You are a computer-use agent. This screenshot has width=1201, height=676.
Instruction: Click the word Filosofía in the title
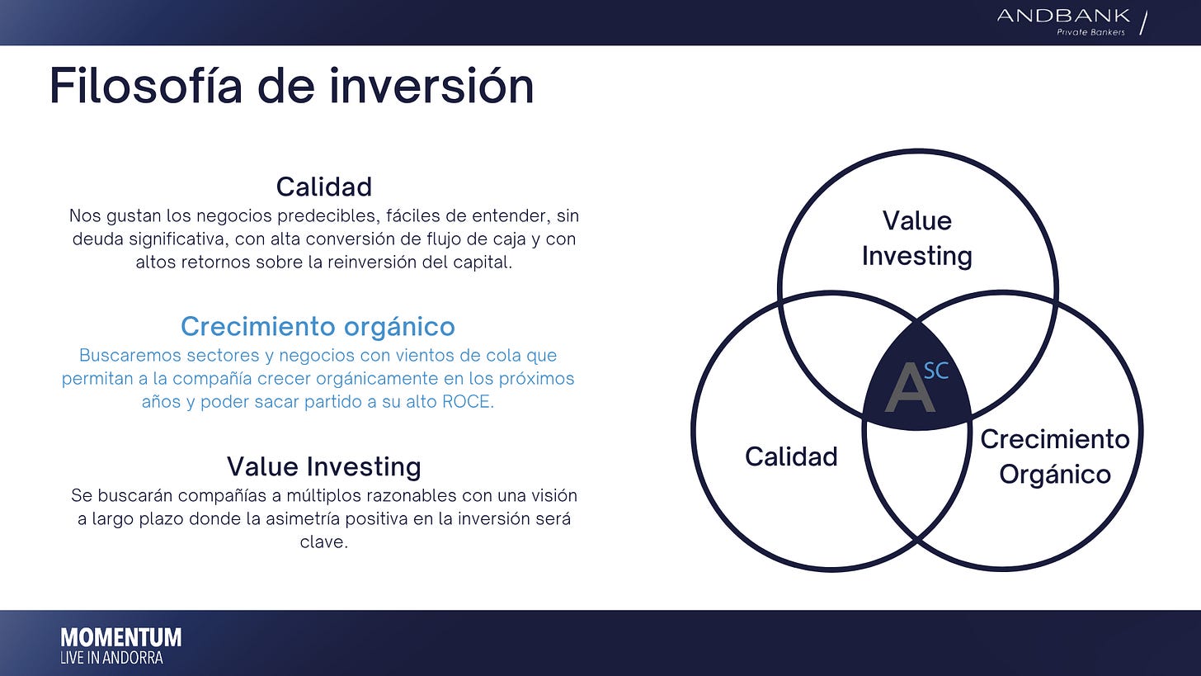pyautogui.click(x=146, y=86)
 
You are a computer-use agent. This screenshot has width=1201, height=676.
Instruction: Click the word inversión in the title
pyautogui.click(x=431, y=86)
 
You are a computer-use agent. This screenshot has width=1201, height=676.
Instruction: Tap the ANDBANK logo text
pyautogui.click(x=1064, y=16)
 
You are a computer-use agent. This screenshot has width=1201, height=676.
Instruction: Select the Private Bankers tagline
pyautogui.click(x=1090, y=32)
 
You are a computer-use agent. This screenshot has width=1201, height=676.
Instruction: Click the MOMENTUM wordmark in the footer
pyautogui.click(x=121, y=638)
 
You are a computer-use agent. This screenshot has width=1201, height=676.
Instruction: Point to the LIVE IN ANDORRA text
pyautogui.click(x=111, y=658)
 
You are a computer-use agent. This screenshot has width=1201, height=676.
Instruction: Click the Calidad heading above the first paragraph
pyautogui.click(x=324, y=187)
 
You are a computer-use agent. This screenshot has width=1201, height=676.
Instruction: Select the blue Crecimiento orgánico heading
pyautogui.click(x=318, y=327)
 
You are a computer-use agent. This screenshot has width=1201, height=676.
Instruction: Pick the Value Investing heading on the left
pyautogui.click(x=324, y=466)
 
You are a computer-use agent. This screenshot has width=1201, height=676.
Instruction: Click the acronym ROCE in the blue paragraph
pyautogui.click(x=465, y=402)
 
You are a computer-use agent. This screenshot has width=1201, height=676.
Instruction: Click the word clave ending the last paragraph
pyautogui.click(x=324, y=541)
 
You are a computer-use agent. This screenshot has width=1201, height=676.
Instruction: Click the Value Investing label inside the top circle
pyautogui.click(x=917, y=239)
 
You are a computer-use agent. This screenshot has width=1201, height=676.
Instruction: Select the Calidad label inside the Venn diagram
pyautogui.click(x=791, y=456)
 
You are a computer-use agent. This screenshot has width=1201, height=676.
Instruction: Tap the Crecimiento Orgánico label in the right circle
pyautogui.click(x=1055, y=456)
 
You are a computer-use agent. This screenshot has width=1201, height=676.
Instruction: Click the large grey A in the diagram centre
pyautogui.click(x=910, y=387)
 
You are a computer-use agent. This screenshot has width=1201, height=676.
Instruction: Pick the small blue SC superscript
pyautogui.click(x=936, y=371)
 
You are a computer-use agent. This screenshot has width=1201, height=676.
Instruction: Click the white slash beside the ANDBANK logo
pyautogui.click(x=1143, y=23)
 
